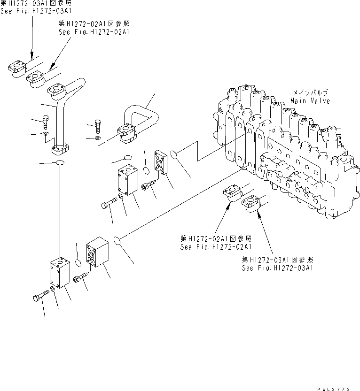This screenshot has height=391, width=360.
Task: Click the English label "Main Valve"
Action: coord(310,101)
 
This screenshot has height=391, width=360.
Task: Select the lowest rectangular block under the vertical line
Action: coord(60,272)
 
